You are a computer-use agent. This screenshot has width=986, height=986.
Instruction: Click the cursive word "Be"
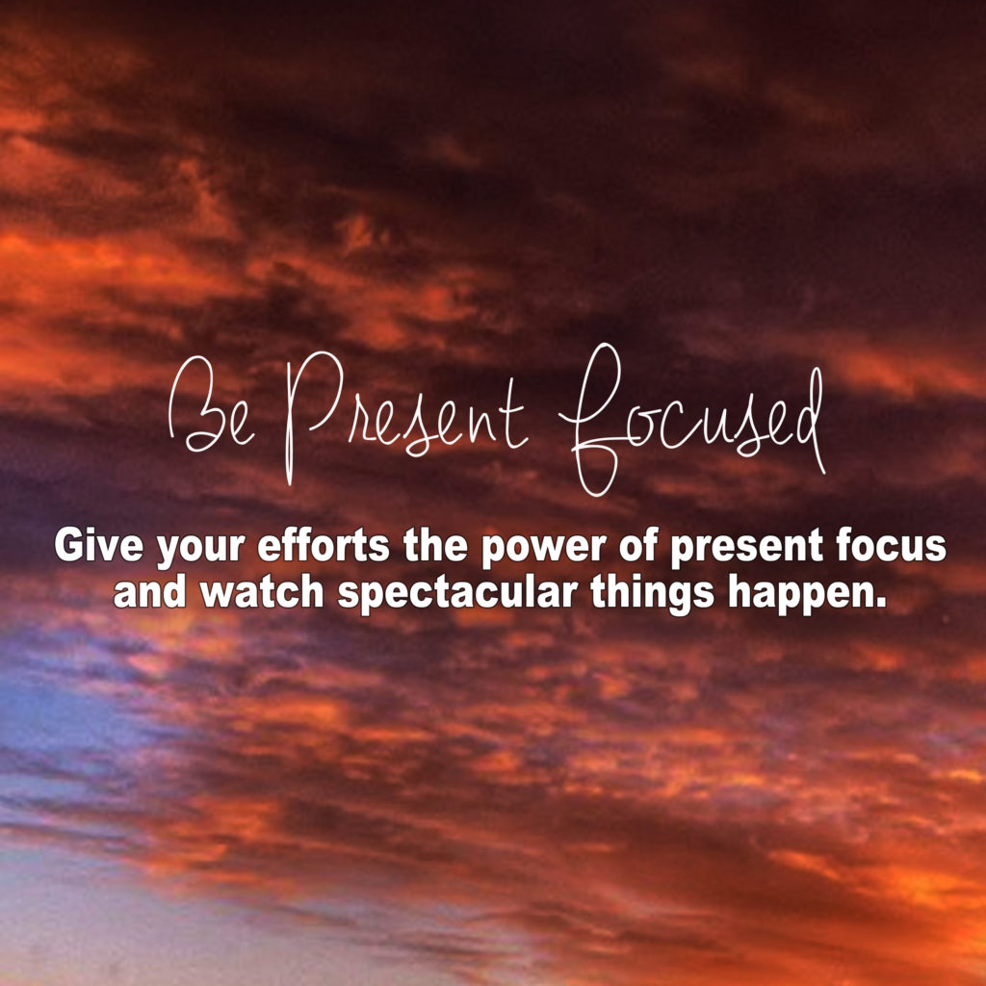211,405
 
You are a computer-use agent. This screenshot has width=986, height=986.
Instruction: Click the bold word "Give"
99,545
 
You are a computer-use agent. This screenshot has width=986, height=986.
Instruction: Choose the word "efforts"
324,545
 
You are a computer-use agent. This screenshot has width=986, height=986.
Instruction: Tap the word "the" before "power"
435,545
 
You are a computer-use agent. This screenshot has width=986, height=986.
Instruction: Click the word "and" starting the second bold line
149,592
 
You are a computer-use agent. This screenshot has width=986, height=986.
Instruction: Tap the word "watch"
262,592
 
